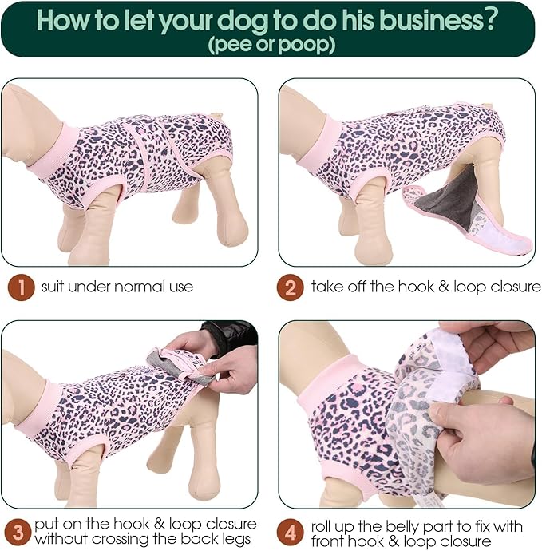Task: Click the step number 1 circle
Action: (21, 286)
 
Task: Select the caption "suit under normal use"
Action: (117, 286)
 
